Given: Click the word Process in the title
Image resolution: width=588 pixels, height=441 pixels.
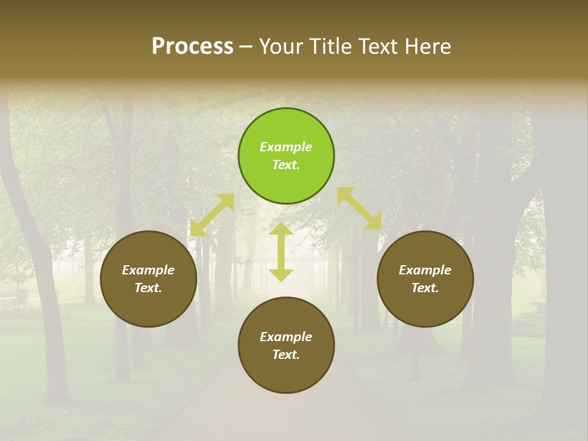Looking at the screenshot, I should [x=192, y=47].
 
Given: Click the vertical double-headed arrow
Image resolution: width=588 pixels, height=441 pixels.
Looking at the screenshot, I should [x=281, y=252].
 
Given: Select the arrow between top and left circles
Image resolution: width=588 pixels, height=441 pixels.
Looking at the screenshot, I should [x=212, y=215].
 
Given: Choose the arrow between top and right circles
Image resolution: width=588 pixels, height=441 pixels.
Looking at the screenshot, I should [x=359, y=208].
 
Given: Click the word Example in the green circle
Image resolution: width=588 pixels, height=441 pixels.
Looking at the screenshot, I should [x=286, y=147].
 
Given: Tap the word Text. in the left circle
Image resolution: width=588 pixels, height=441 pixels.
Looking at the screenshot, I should [x=148, y=288].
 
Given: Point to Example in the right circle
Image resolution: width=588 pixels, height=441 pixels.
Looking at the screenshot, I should [x=425, y=270].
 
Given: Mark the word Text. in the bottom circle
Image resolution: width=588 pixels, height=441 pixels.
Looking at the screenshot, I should [x=286, y=355].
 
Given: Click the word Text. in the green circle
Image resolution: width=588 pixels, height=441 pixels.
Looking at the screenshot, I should [x=286, y=165].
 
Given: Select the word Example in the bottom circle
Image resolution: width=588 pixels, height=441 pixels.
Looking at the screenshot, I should [x=286, y=337].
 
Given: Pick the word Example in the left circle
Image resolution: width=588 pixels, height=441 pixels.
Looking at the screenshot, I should [x=148, y=270].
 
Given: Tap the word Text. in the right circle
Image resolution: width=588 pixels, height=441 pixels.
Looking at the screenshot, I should [x=425, y=288].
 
